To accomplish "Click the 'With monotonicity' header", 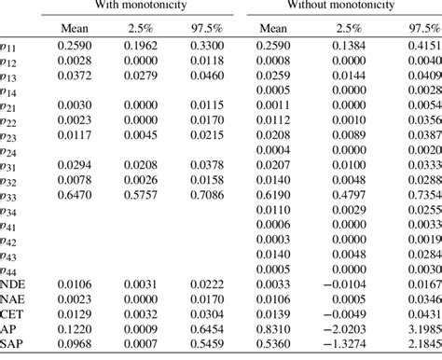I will tap(145, 6).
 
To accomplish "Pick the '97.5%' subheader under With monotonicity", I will tap(195, 29).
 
